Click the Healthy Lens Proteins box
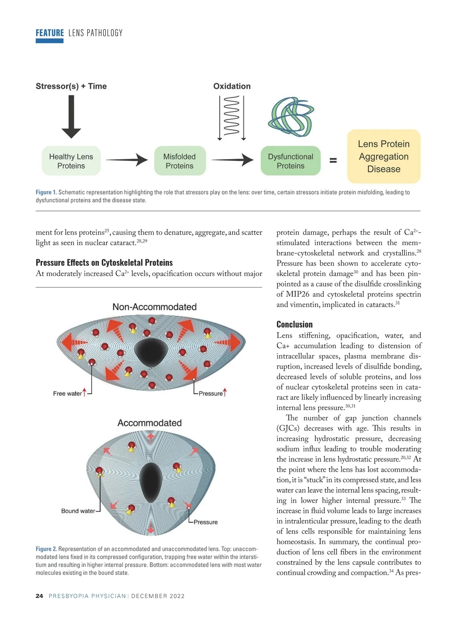(x=71, y=161)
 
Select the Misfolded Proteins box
(x=179, y=161)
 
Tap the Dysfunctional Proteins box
(x=291, y=161)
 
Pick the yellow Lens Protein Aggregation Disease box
(x=383, y=156)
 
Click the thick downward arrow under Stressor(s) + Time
(x=71, y=117)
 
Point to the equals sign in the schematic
(x=333, y=161)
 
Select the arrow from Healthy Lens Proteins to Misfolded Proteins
(x=127, y=160)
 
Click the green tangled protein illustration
(x=291, y=117)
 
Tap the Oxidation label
(x=232, y=86)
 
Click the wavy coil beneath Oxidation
(x=232, y=116)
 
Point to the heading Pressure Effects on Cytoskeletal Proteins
(x=104, y=263)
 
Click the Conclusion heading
(x=294, y=324)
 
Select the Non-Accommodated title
(x=155, y=307)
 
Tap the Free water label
(x=67, y=394)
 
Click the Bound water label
(x=78, y=511)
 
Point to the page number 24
(x=39, y=596)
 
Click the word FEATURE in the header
(x=50, y=33)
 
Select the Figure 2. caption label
(x=46, y=549)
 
